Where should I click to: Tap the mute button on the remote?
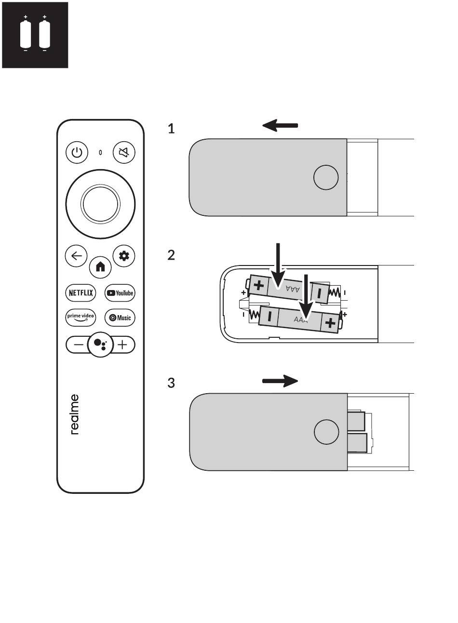click(124, 152)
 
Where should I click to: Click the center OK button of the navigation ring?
click(100, 204)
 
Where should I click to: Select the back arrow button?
click(76, 256)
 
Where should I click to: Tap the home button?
click(100, 267)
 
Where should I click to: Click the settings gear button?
click(124, 256)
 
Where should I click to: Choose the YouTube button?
click(120, 293)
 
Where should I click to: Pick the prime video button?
click(81, 318)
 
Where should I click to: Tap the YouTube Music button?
click(120, 318)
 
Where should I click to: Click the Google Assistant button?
click(100, 345)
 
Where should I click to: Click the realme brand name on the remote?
click(75, 414)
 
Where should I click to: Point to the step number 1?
click(171, 129)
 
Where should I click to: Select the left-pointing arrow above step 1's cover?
click(280, 125)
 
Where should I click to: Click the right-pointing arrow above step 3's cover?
click(280, 381)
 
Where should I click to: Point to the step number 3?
click(171, 383)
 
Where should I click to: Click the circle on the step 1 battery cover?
click(326, 177)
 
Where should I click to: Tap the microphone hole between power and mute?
click(100, 152)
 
